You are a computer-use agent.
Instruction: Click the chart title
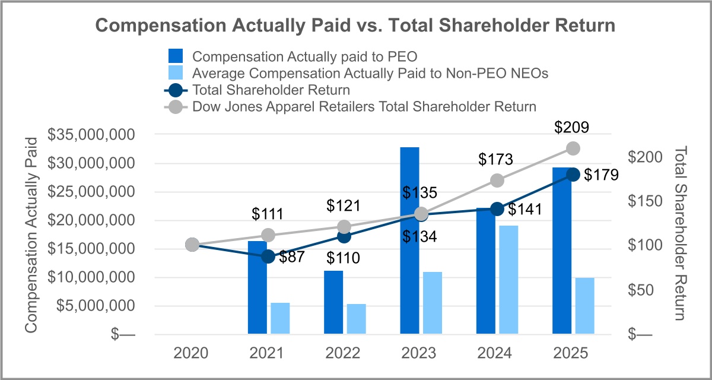coord(355,26)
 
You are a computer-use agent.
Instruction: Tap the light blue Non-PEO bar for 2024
coord(508,280)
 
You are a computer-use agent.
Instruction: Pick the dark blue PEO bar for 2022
coord(333,302)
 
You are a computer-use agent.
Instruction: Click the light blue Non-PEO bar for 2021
coord(280,318)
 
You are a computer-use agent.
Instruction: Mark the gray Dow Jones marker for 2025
coord(573,148)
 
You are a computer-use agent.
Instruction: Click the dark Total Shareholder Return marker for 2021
coord(268,256)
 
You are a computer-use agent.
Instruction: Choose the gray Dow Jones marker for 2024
coord(497,180)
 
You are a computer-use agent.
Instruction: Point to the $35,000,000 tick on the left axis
coord(91,135)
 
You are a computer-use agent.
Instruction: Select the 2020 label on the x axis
coord(191,353)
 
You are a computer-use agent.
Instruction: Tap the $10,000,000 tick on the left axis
coord(91,277)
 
